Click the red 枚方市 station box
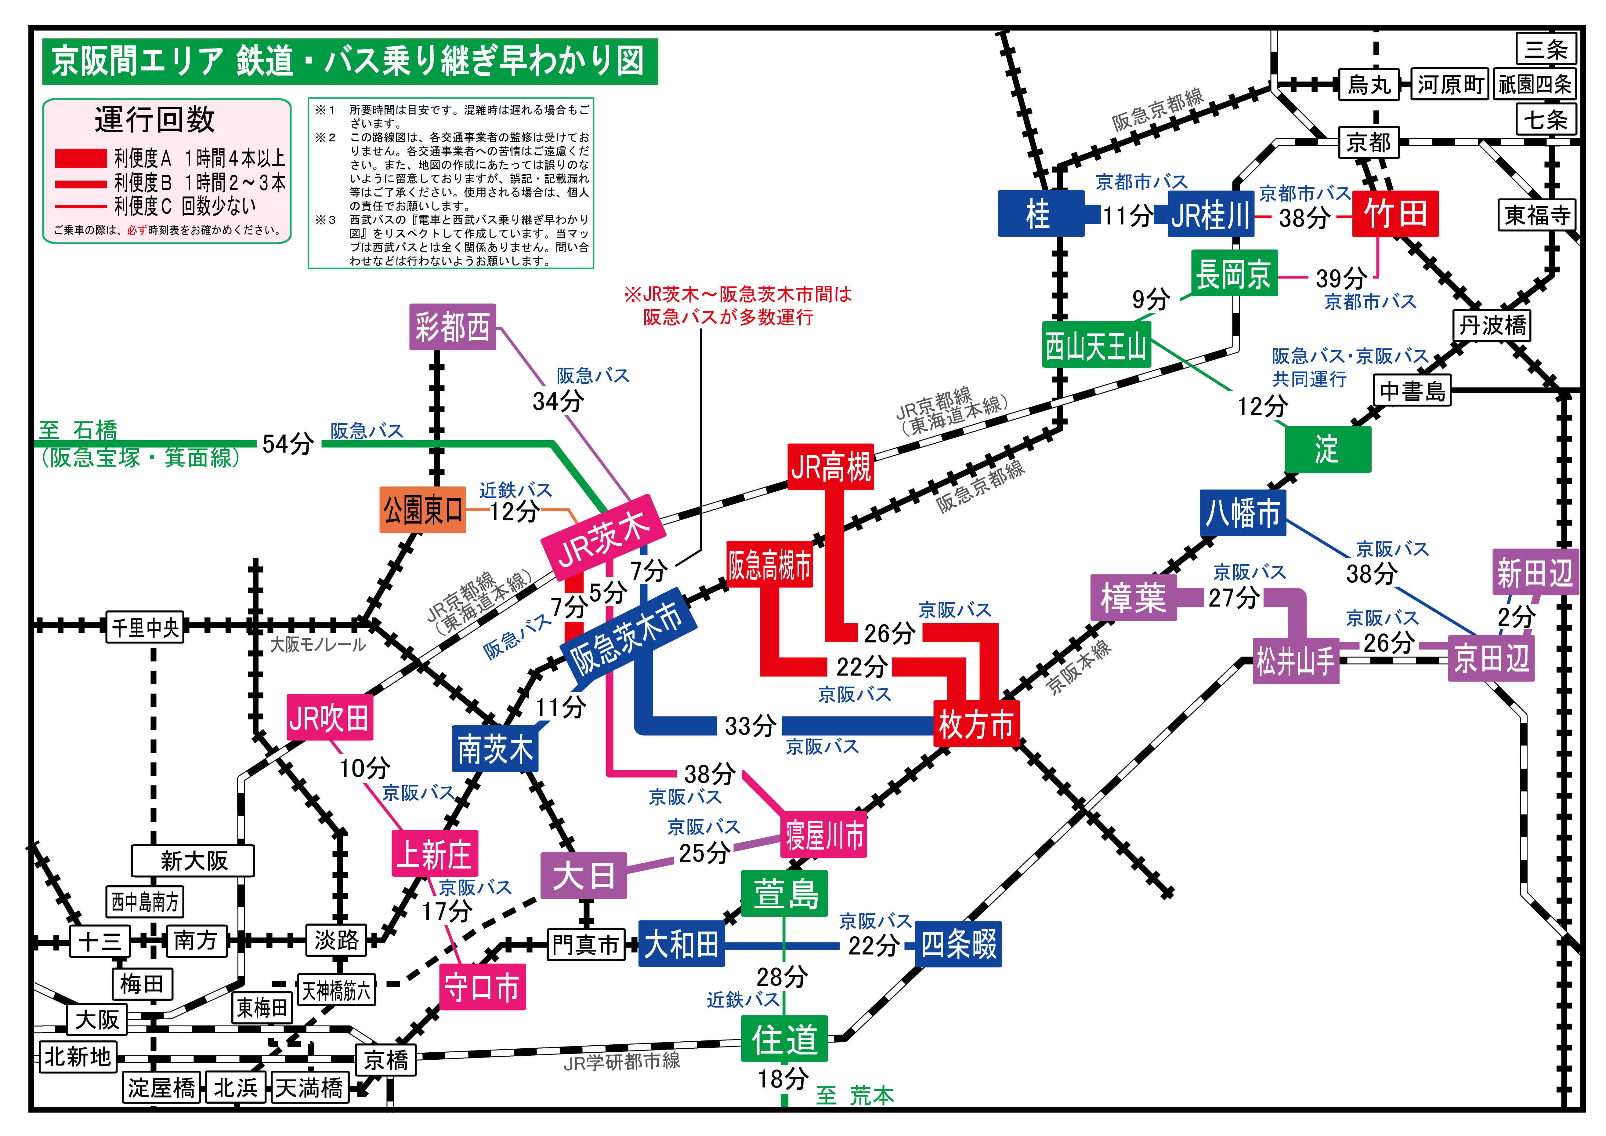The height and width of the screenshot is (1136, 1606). coord(976,724)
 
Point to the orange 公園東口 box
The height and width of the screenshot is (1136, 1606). coord(422,510)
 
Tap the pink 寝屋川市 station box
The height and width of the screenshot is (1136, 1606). coord(824,834)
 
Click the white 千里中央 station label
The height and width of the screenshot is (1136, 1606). coord(145,627)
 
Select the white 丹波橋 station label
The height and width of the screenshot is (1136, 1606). coord(1492,326)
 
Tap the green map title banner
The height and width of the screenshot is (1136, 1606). coord(350,62)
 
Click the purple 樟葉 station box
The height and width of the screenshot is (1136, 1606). coord(1133,598)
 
